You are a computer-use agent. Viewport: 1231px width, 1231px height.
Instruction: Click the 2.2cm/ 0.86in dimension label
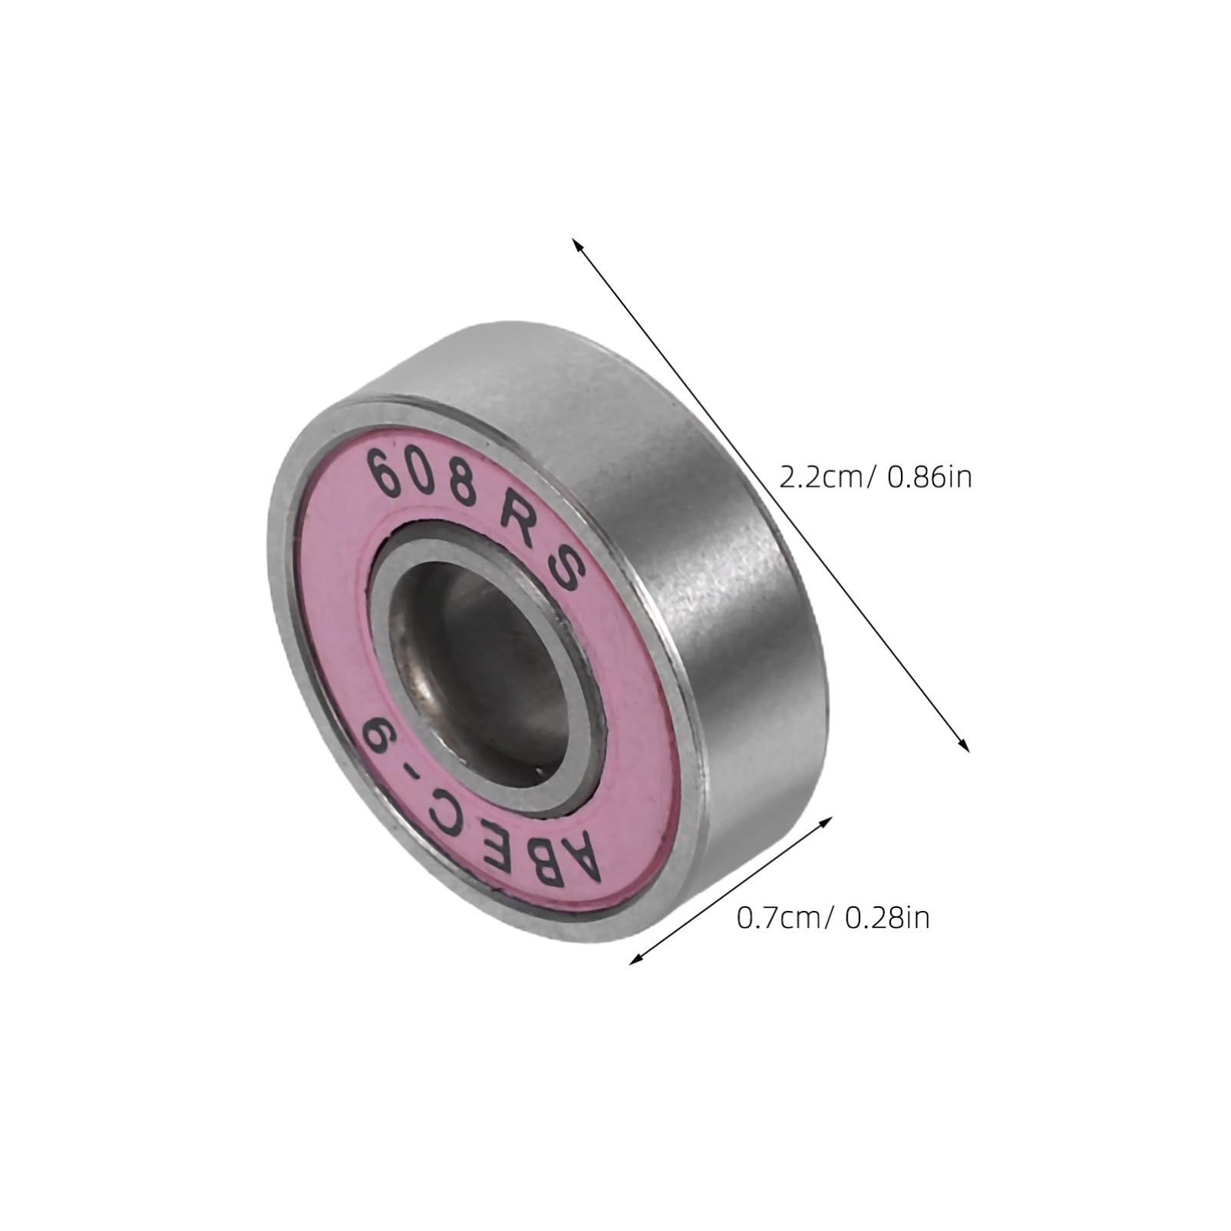[x=875, y=478]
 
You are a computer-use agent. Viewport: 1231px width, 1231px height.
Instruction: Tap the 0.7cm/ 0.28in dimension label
[x=833, y=919]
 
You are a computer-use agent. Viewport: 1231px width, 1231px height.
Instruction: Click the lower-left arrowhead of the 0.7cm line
[x=635, y=960]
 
